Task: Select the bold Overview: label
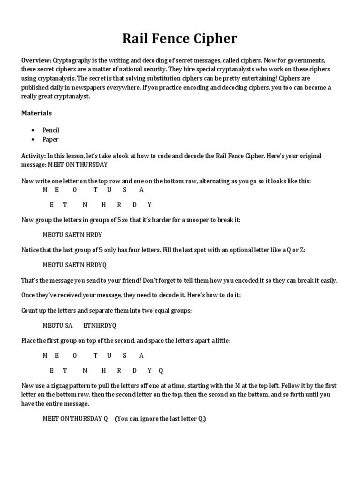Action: tap(36, 61)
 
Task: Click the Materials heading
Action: tap(37, 113)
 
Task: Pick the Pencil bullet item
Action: tap(51, 130)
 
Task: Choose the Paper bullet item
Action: tap(50, 139)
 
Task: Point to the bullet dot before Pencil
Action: tap(32, 130)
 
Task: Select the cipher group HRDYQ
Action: tap(96, 265)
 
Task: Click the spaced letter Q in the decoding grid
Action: tap(161, 370)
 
